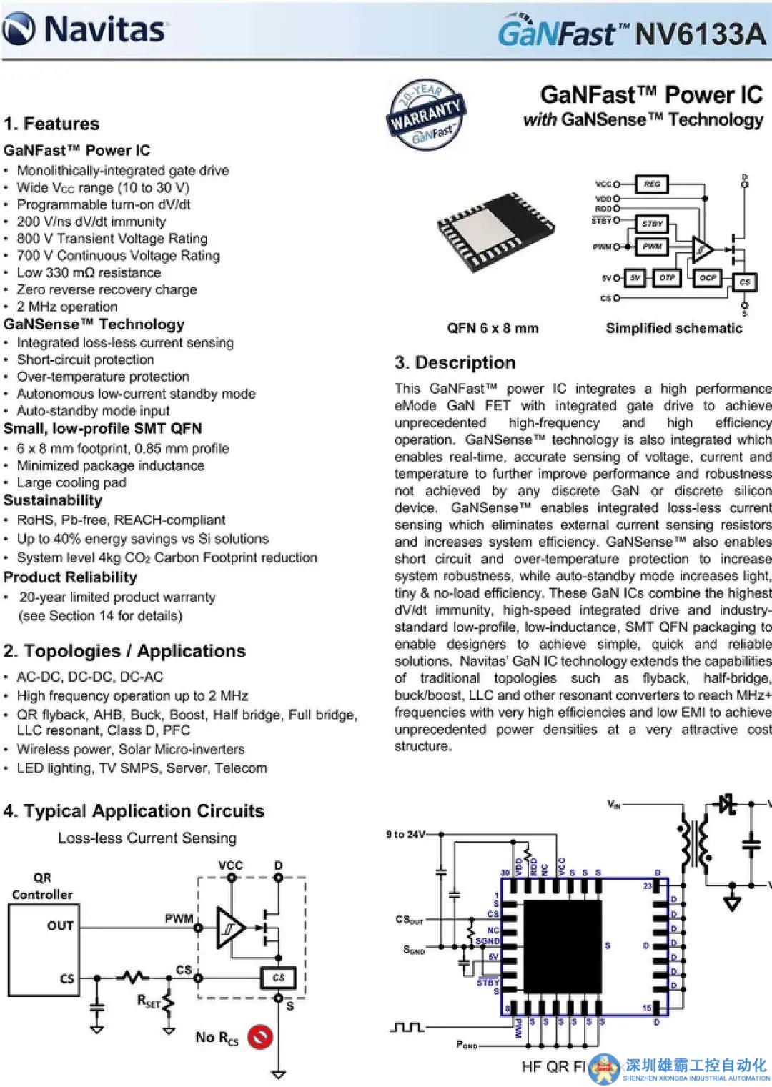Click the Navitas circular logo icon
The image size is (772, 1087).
point(19,29)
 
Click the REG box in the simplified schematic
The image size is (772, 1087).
point(651,184)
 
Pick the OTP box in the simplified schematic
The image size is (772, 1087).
point(667,277)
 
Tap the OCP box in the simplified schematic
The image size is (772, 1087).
point(707,277)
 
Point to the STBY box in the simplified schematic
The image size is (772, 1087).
point(652,224)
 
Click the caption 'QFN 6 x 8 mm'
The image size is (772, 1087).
point(493,328)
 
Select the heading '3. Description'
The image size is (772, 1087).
point(455,362)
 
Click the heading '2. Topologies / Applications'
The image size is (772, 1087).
point(124,651)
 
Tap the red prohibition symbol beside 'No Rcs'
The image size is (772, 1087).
point(259,1036)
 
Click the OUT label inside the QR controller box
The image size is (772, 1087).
point(60,925)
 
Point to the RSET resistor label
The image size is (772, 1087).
point(149,1002)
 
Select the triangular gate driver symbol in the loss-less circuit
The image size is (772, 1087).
point(229,928)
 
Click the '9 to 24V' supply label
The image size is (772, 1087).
point(405,834)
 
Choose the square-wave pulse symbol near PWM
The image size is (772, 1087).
point(407,1027)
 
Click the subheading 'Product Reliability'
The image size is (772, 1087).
point(70,577)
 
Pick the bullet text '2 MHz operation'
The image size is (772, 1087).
point(67,307)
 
